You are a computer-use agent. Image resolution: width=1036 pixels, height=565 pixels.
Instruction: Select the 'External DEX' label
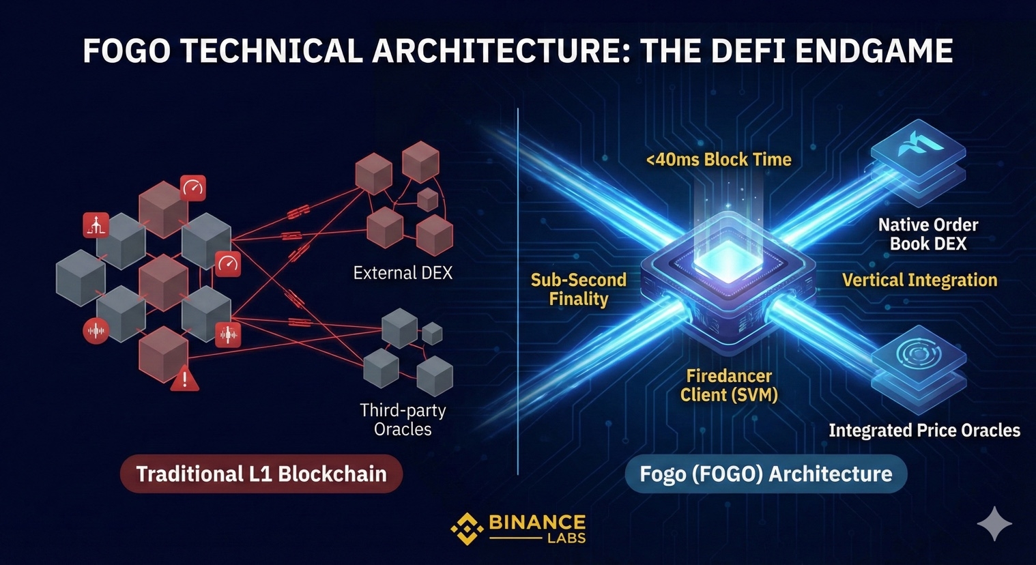(x=403, y=273)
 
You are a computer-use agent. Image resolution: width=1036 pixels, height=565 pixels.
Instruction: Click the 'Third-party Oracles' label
(x=403, y=420)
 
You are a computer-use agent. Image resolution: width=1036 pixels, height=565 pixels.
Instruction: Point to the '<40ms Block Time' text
(x=719, y=160)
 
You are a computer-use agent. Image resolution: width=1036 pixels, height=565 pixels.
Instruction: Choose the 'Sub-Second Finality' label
(x=579, y=289)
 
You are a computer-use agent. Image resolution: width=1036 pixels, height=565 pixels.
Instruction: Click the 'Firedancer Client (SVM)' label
(x=729, y=386)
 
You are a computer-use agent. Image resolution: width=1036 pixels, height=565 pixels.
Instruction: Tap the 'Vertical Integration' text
(x=919, y=280)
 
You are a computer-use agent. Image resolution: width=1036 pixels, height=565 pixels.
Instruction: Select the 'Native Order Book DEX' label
(x=928, y=234)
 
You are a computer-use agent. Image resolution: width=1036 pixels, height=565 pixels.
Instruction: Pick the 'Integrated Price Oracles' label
(x=924, y=431)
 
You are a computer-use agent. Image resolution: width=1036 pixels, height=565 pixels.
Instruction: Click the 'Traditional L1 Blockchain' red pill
(x=261, y=474)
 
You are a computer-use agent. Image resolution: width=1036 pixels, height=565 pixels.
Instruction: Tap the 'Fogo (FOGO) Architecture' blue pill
(x=766, y=474)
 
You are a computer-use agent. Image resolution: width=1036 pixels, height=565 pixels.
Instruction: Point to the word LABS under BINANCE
(x=566, y=538)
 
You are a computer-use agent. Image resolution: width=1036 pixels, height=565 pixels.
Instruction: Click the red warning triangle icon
(x=184, y=378)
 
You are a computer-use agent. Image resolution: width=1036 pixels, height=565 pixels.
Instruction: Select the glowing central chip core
(x=726, y=262)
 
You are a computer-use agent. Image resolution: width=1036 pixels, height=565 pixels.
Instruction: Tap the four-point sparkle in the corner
(x=994, y=524)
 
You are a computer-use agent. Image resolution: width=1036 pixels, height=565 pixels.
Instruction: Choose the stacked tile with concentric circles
(x=918, y=355)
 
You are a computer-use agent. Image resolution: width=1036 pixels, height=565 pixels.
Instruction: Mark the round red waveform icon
(x=96, y=331)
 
